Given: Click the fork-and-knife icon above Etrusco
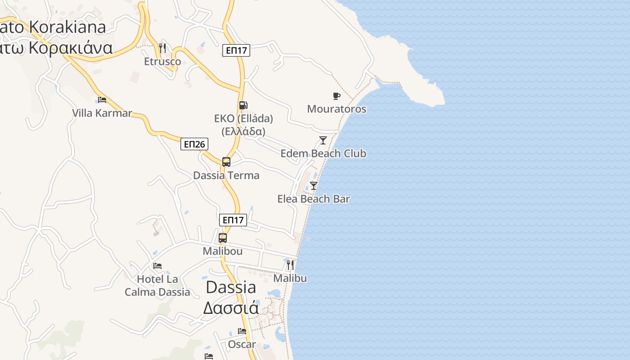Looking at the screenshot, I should point(162,48).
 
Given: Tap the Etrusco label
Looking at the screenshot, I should point(162,62).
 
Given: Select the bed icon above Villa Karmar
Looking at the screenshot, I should point(102,99).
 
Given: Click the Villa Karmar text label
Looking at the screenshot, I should point(102,113).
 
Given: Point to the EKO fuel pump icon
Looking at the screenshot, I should point(243,105).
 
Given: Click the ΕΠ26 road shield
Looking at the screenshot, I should point(194,144).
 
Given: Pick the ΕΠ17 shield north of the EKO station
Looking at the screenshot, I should point(236,50).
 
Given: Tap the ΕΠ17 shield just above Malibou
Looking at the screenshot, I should point(233,220).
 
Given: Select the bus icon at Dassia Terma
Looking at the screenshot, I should point(226,162).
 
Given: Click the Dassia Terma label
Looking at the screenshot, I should point(226,175).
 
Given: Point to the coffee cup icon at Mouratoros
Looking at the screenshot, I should point(336,96).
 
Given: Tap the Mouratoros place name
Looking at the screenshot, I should point(337,109).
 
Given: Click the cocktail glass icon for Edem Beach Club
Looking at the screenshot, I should point(323,140).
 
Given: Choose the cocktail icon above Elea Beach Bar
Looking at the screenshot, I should point(314,185).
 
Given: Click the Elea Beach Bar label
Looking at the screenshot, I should point(314,199).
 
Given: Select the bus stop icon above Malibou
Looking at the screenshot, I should point(223,238).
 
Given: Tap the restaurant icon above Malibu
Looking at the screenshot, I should point(290,265).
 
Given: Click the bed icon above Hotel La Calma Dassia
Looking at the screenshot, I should point(157,266).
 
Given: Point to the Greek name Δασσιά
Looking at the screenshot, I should point(231,308).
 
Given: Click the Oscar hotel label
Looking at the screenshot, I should point(242,345).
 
